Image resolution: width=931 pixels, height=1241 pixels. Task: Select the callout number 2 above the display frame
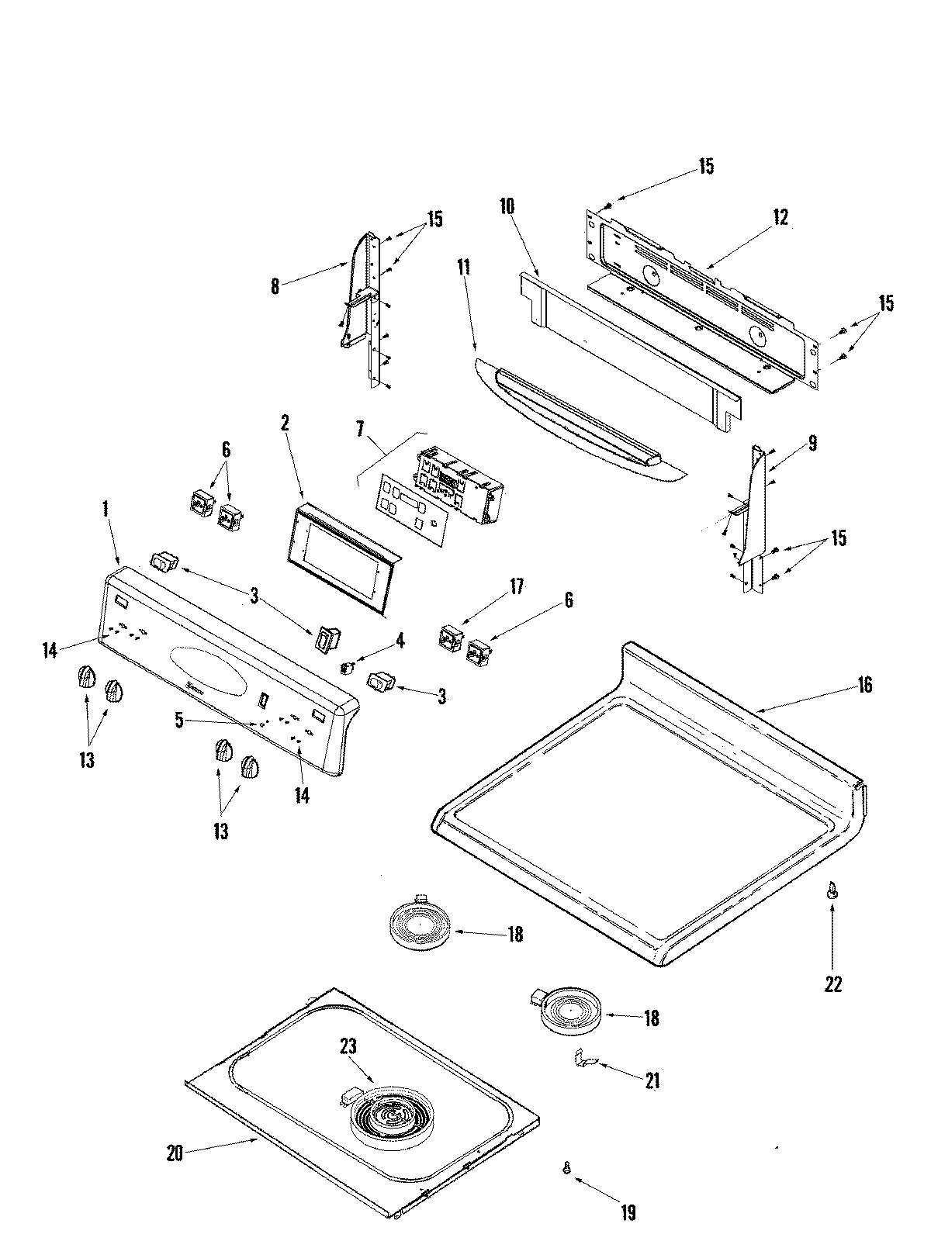tap(285, 423)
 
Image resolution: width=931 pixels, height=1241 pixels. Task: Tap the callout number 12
tap(780, 218)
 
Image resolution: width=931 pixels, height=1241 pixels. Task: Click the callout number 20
tap(175, 1153)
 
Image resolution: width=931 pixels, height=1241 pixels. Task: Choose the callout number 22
tap(832, 983)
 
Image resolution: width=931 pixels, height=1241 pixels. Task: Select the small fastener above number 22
tap(832, 893)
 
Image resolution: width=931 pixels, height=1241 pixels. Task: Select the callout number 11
tap(464, 270)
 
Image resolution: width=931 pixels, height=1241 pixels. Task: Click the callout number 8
tap(275, 286)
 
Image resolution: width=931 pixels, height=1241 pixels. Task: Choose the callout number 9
tap(812, 444)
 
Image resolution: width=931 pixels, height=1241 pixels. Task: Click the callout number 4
tap(400, 640)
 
